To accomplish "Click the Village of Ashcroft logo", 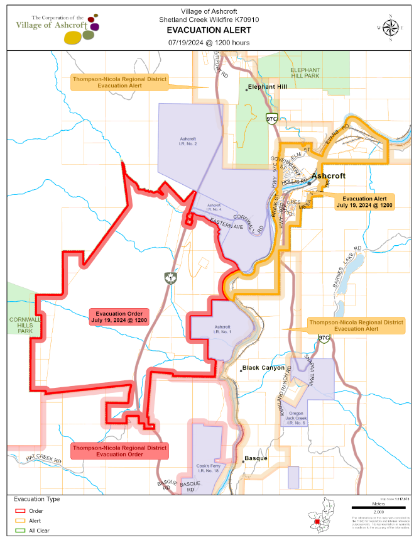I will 57,28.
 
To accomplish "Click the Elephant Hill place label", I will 268,87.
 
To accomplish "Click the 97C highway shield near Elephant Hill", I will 271,118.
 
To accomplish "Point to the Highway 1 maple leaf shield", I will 168,278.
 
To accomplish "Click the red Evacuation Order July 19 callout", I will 118,316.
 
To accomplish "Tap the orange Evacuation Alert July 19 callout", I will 364,201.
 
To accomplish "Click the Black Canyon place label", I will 263,368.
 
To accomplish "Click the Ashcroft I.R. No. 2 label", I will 188,141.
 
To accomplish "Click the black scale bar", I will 378,506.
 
